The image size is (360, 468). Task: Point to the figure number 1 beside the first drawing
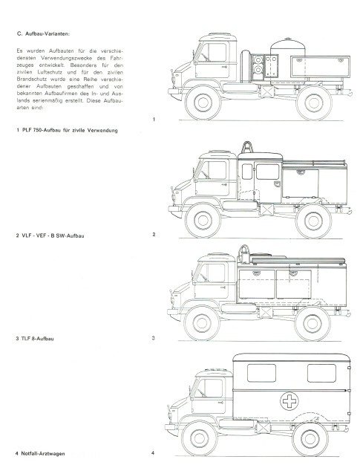153,120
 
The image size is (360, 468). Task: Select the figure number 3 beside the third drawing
153,339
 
